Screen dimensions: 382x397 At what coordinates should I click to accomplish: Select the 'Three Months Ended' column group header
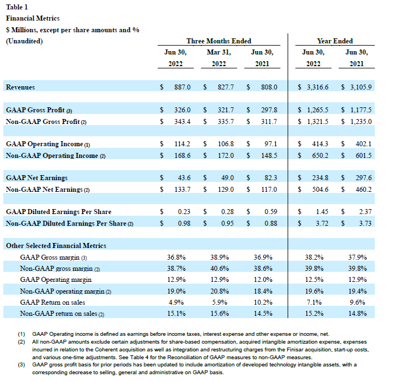click(218, 41)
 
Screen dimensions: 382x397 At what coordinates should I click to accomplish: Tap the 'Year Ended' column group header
click(335, 41)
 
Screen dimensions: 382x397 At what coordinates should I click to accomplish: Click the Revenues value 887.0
click(182, 87)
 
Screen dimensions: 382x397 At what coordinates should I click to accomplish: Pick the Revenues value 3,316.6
click(317, 87)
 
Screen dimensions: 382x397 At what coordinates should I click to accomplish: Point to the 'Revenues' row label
click(20, 87)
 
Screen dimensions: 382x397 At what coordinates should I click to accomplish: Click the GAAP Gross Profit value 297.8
click(268, 110)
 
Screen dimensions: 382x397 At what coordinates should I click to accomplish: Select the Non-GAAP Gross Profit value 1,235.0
click(358, 121)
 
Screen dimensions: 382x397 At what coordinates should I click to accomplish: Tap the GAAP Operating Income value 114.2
click(182, 144)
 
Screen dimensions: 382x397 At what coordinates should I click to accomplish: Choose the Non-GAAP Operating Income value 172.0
click(225, 155)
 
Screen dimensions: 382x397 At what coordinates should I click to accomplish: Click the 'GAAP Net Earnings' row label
click(37, 178)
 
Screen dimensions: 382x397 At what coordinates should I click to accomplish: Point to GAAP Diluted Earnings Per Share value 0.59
click(270, 212)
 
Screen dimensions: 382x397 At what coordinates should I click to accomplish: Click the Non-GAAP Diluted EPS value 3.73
click(365, 224)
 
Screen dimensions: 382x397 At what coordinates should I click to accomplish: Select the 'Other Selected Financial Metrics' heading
click(56, 245)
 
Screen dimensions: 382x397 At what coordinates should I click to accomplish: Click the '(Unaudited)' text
click(24, 41)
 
